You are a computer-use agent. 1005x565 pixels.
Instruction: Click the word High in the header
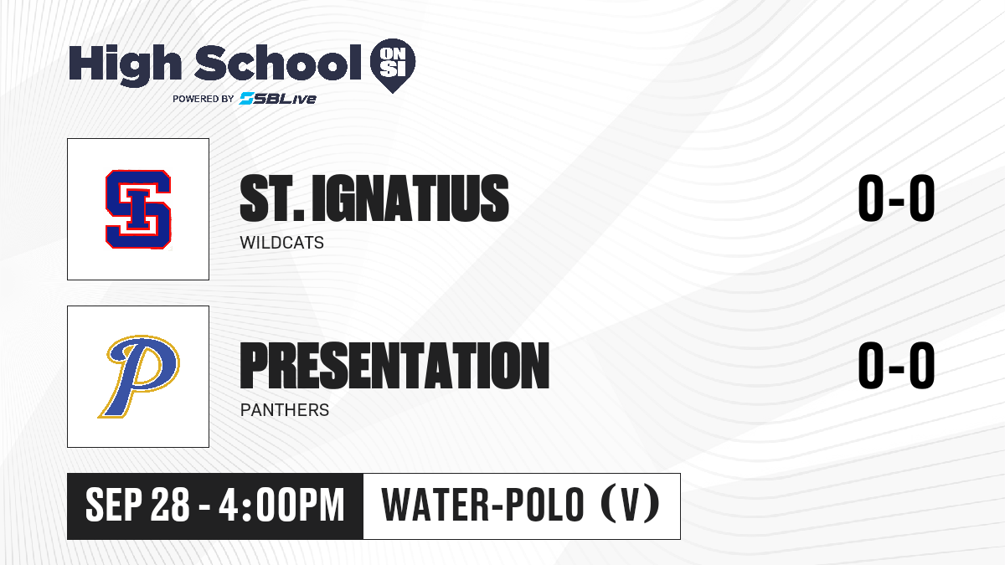tap(125, 64)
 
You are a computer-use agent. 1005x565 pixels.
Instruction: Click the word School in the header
tap(278, 62)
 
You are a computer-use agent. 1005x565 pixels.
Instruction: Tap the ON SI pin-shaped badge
tap(393, 65)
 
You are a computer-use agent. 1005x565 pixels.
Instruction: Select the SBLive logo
tap(278, 98)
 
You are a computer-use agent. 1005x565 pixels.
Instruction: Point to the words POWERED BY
tap(204, 99)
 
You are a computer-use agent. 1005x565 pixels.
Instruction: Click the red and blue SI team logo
tap(138, 209)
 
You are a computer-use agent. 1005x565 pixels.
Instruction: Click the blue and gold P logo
tap(139, 377)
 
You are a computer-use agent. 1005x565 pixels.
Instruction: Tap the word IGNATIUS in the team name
tap(410, 198)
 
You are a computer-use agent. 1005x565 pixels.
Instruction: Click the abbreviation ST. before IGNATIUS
tap(272, 198)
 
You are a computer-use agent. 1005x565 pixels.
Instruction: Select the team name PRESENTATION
tap(394, 365)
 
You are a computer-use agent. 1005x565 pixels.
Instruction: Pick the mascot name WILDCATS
tap(281, 243)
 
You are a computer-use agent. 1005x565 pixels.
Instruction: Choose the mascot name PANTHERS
tap(285, 410)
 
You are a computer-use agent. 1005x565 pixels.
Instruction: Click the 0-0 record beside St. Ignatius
tap(896, 198)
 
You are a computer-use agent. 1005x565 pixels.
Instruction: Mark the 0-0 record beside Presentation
tap(896, 365)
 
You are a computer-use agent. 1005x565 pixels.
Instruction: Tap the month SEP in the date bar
tap(114, 505)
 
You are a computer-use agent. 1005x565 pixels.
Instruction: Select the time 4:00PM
tap(281, 505)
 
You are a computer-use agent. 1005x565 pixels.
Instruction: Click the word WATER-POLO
tap(482, 505)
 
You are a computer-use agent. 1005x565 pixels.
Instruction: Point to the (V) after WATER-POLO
tap(631, 505)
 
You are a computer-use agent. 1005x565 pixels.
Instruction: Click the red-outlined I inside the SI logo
tap(138, 209)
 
